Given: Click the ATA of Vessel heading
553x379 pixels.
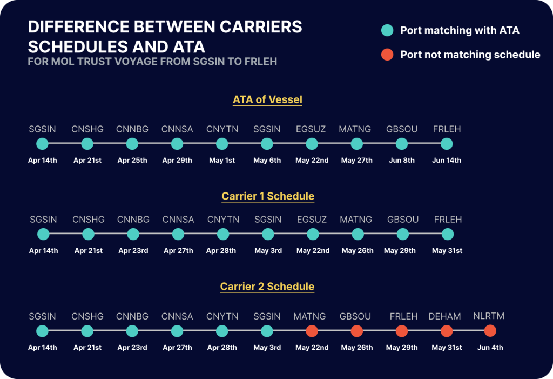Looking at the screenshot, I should (267, 99).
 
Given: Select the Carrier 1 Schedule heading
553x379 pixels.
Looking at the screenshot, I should (267, 196).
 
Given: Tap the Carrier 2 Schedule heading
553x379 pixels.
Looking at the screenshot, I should (267, 286).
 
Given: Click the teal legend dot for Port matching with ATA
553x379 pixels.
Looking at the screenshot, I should (387, 30).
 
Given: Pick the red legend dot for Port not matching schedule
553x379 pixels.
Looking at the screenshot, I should (387, 54).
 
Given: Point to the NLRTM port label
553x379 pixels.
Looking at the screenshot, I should (489, 316).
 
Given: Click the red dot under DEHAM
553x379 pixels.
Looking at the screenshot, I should (446, 330).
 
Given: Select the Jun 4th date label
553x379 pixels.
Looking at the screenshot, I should (490, 348).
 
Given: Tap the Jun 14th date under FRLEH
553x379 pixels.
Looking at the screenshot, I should (447, 161).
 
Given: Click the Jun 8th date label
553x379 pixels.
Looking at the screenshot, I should (401, 161).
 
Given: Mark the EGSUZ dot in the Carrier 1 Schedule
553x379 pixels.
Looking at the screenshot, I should (313, 234).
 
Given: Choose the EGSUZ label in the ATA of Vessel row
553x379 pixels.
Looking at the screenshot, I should (312, 129).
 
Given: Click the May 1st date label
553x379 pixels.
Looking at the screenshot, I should (221, 161).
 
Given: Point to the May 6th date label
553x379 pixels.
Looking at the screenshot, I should (267, 161).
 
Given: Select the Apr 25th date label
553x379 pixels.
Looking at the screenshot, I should (132, 161).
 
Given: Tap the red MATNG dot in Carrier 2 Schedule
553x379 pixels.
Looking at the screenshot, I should (312, 330).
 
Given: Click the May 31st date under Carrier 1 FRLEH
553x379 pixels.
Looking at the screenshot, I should (447, 251).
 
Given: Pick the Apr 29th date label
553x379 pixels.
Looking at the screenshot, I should (177, 161).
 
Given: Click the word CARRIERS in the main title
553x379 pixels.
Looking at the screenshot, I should (256, 27).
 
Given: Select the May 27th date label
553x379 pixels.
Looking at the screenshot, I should (356, 161).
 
